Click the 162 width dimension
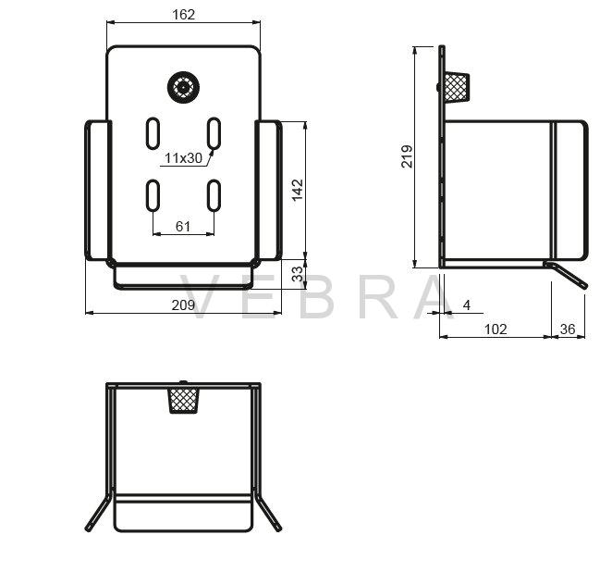(x=183, y=15)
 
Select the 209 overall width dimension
(x=183, y=305)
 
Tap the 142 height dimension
(x=298, y=190)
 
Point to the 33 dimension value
(x=298, y=273)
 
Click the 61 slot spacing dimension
(x=183, y=226)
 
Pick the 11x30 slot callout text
(x=183, y=158)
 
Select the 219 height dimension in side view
(x=407, y=156)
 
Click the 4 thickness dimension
(x=467, y=305)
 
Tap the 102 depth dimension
(x=496, y=330)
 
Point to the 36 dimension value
(x=568, y=330)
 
